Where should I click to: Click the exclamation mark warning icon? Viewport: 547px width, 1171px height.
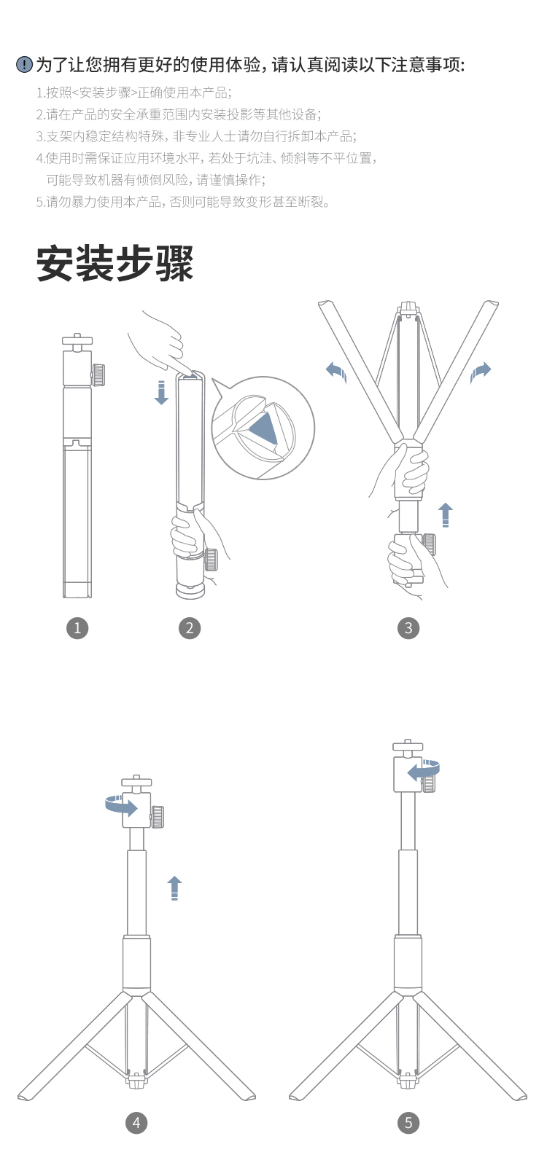coord(24,65)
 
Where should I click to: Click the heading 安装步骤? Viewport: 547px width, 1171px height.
coord(115,264)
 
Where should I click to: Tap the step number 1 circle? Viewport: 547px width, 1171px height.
coord(77,628)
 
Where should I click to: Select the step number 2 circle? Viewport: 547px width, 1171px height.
coord(190,628)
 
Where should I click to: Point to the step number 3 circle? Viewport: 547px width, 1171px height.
coord(408,628)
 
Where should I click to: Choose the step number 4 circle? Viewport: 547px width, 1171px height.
coord(136,1122)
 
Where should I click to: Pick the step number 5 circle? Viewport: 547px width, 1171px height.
coord(408,1122)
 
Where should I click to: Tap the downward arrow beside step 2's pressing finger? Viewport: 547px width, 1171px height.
coord(161,393)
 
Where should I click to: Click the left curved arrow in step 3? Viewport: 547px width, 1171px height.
coord(336,372)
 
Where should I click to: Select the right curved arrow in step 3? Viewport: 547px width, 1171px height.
coord(480,372)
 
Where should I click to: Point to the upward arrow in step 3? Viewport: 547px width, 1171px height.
coord(446,514)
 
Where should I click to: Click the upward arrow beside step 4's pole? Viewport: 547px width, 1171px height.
coord(174,888)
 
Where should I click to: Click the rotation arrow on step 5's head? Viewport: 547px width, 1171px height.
coord(424,770)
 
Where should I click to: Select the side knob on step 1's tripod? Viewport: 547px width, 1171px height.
coord(98,375)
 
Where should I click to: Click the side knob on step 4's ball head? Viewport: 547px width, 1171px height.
coord(157,817)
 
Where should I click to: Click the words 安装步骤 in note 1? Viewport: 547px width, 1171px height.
coord(105,93)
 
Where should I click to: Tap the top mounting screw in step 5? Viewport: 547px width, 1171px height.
coord(408,745)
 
